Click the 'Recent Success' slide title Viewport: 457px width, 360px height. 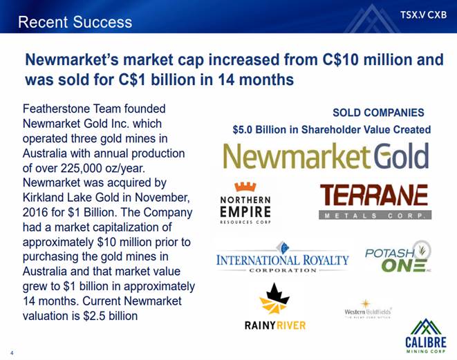point(75,22)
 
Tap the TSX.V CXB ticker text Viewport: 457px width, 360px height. point(424,15)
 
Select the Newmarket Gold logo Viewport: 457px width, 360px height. point(326,156)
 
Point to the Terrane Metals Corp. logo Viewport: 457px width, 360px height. point(375,201)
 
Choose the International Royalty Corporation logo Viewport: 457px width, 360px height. point(282,257)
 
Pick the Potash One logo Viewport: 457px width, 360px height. point(398,257)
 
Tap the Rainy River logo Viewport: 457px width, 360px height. point(275,306)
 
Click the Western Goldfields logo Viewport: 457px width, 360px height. point(368,310)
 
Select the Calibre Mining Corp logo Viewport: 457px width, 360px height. point(425,336)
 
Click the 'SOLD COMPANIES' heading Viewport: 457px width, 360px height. point(378,113)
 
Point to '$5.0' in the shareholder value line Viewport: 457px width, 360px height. point(242,130)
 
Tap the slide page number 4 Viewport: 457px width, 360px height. point(12,353)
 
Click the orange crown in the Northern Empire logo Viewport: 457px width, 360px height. point(245,187)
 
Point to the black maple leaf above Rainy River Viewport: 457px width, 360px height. point(274,293)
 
